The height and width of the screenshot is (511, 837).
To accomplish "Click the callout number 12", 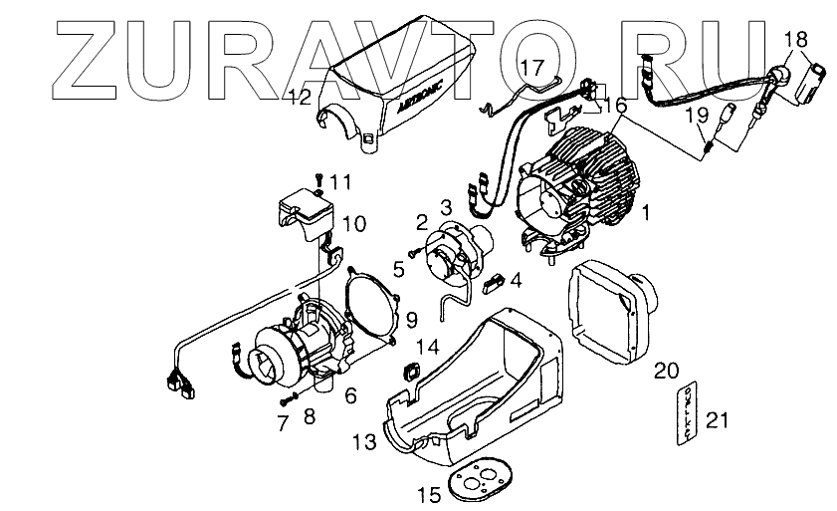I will pos(301,97).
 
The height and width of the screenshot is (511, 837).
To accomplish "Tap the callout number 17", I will pos(533,68).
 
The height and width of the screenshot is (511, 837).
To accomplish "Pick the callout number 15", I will pos(428,494).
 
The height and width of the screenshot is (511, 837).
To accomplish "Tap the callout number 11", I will pos(341,181).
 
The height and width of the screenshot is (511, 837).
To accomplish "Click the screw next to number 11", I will pos(317,178).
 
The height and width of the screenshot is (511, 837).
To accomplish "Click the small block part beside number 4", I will pos(490,282).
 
